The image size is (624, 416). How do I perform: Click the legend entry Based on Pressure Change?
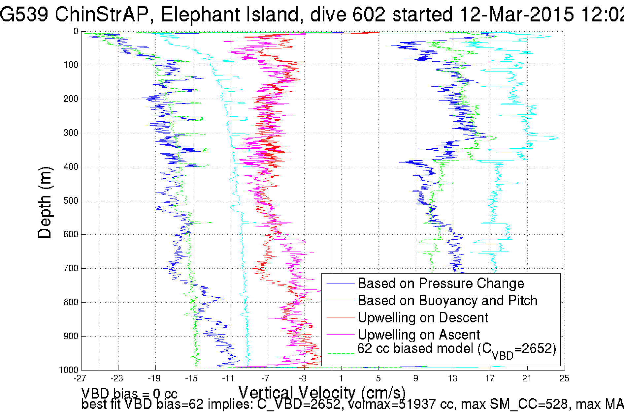point(441,283)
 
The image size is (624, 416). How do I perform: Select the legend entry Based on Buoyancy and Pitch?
point(447,301)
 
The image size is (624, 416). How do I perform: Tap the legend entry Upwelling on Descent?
point(423,318)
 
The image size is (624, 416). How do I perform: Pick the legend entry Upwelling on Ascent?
point(419,335)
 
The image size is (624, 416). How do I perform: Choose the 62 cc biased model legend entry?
point(457,349)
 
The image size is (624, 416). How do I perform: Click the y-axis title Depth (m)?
point(45,202)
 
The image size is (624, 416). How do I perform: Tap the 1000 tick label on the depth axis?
point(69,370)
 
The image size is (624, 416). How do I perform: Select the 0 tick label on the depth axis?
point(76,31)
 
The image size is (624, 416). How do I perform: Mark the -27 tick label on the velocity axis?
point(80,378)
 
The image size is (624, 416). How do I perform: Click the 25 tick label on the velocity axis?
point(564,378)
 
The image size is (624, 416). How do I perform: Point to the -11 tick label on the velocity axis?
point(228,378)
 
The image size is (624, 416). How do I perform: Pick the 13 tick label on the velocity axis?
point(453,378)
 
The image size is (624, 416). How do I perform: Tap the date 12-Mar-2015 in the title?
point(517,15)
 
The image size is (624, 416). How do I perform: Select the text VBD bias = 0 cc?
point(129,394)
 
